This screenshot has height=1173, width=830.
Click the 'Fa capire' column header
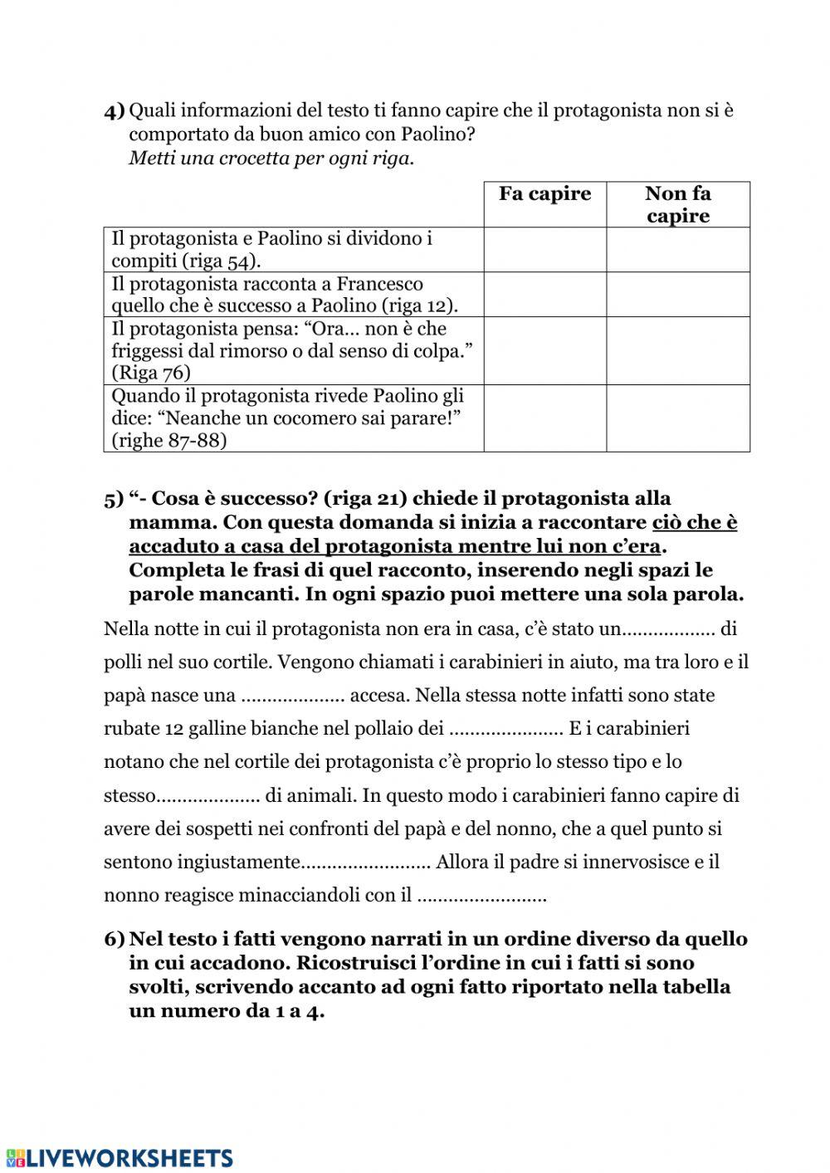pyautogui.click(x=544, y=194)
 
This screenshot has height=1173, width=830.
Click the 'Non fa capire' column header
pyautogui.click(x=677, y=205)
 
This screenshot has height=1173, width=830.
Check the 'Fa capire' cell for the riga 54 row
pyautogui.click(x=544, y=250)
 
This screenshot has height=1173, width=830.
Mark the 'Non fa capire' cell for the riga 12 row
pyautogui.click(x=677, y=295)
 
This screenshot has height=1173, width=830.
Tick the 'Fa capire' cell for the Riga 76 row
pyautogui.click(x=544, y=350)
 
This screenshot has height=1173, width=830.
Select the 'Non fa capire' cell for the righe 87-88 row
pyautogui.click(x=677, y=418)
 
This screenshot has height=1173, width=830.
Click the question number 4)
pyautogui.click(x=115, y=111)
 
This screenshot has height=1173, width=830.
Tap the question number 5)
pyautogui.click(x=115, y=500)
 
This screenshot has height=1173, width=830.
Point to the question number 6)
pyautogui.click(x=115, y=940)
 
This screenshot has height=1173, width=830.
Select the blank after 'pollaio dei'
pyautogui.click(x=505, y=730)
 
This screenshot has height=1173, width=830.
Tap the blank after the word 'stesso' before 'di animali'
pyautogui.click(x=208, y=796)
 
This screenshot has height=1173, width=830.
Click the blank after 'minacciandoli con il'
pyautogui.click(x=481, y=897)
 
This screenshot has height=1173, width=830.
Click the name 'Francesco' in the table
pyautogui.click(x=379, y=284)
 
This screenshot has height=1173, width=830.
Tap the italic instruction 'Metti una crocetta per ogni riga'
pyautogui.click(x=271, y=159)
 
